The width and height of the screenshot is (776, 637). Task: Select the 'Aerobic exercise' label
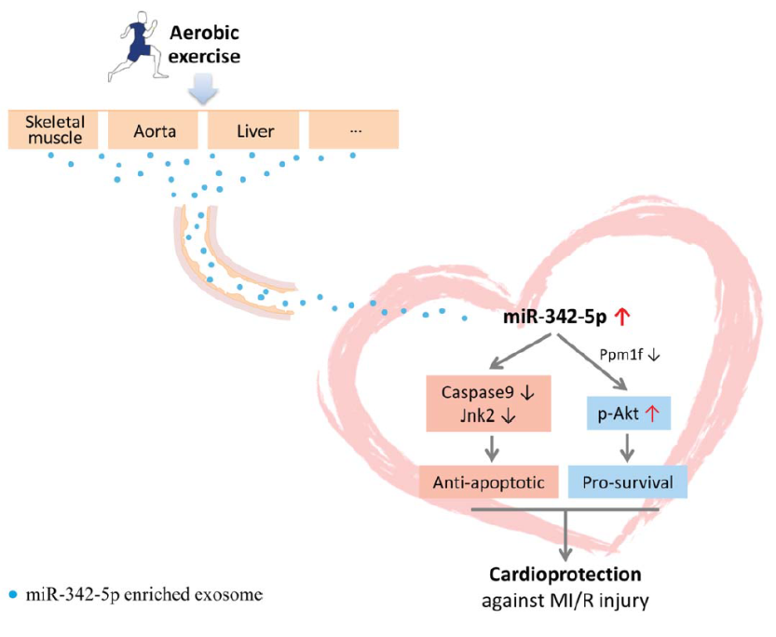[x=204, y=45]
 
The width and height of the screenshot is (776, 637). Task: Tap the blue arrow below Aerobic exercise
[x=203, y=89]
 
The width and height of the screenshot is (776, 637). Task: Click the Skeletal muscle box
[x=53, y=129]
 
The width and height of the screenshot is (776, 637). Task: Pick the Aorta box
[x=153, y=129]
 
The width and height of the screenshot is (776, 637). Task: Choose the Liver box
[x=253, y=129]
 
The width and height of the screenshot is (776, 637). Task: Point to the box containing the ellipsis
[x=353, y=129]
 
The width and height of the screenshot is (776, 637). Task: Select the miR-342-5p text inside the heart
[x=555, y=317]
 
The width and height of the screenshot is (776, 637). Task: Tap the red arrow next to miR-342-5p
[x=622, y=317]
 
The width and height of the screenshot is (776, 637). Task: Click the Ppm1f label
[x=621, y=354]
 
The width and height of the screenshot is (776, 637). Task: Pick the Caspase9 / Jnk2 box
[x=488, y=403]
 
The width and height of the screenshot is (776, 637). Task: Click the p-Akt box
[x=629, y=413]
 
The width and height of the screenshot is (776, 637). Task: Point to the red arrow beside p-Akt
[x=653, y=413]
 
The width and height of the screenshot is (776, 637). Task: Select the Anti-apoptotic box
[x=488, y=481]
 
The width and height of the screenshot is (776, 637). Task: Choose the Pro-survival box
[x=628, y=481]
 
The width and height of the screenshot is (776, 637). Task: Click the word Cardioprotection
[x=565, y=575]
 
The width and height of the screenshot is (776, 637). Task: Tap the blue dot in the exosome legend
[x=13, y=593]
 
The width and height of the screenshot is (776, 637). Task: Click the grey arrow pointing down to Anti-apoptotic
[x=492, y=448]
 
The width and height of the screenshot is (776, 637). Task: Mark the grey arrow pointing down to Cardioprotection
[x=565, y=535]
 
